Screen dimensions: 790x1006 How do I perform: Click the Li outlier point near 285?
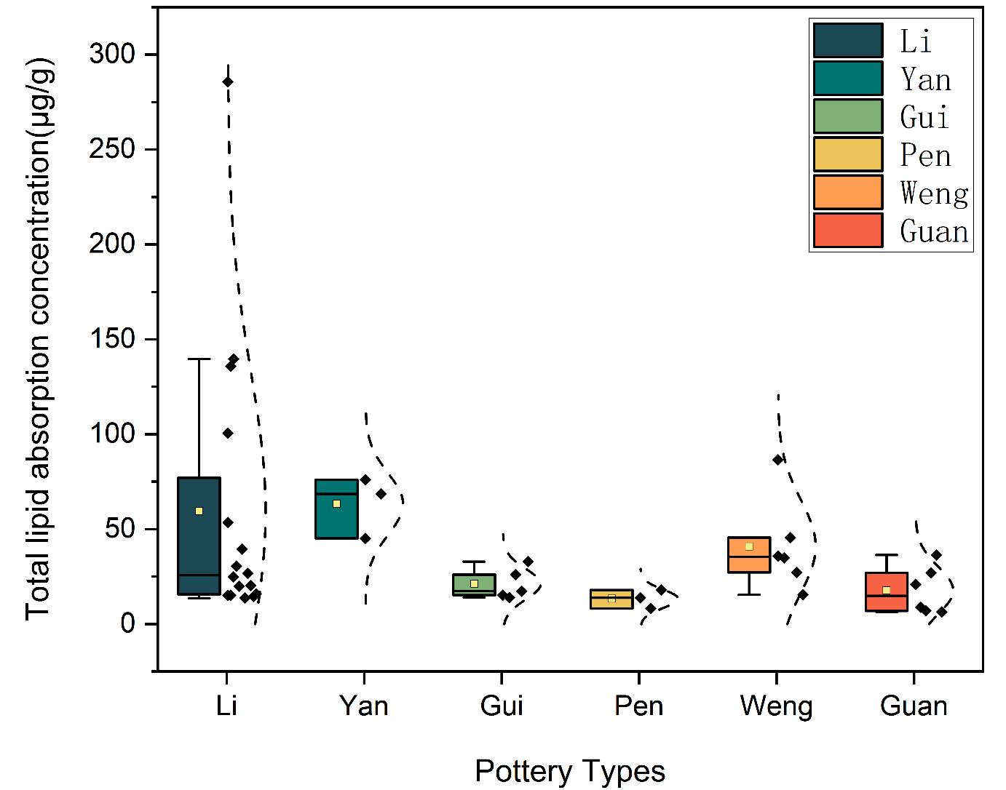coord(228,82)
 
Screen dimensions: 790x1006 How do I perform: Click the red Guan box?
coord(887,600)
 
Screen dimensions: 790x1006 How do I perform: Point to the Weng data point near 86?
coord(778,460)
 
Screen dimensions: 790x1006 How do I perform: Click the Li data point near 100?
coord(228,434)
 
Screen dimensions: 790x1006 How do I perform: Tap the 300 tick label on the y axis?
coord(112,55)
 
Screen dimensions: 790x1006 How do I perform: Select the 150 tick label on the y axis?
coord(112,339)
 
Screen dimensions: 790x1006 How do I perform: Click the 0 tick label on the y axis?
coord(128,624)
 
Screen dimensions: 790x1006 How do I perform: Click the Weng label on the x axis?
coord(776,706)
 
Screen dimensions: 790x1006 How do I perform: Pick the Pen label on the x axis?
coord(638,706)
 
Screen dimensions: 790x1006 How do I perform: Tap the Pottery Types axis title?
coord(570,771)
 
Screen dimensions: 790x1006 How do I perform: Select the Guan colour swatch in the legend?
coord(848,231)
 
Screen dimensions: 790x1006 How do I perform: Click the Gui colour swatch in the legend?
coord(848,116)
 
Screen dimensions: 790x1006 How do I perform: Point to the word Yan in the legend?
coord(925,79)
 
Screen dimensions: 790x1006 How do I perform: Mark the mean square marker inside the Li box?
coord(199,511)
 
